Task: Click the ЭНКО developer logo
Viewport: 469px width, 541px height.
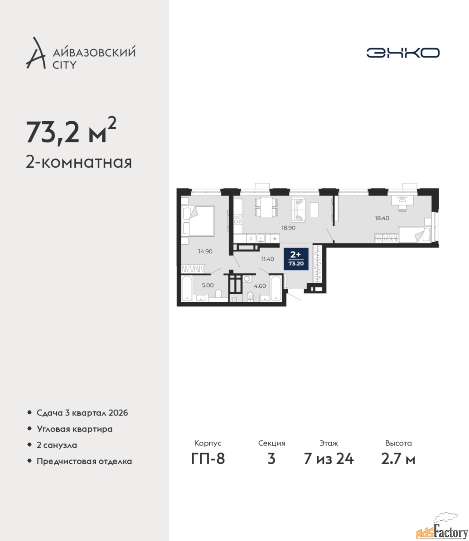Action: [x=403, y=52]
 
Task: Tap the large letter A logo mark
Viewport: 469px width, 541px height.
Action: [x=36, y=53]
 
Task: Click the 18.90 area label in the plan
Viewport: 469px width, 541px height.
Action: [x=288, y=228]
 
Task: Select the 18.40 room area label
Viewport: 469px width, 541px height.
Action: [x=382, y=218]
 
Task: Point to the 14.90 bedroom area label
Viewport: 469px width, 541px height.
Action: [x=205, y=251]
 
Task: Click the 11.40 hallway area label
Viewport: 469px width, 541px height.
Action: [x=268, y=259]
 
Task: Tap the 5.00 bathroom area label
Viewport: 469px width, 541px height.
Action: [x=208, y=285]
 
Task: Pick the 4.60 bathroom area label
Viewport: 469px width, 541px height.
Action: [x=260, y=286]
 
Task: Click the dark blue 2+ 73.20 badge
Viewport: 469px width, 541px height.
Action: [x=296, y=259]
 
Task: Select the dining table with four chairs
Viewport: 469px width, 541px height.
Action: [x=266, y=207]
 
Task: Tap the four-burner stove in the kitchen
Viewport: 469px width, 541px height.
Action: [x=239, y=219]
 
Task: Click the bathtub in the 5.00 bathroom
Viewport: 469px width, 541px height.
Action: [x=187, y=288]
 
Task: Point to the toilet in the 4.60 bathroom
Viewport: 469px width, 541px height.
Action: [x=250, y=296]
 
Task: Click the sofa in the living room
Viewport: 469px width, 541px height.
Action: [x=299, y=210]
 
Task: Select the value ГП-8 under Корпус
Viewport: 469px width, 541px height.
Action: [x=208, y=459]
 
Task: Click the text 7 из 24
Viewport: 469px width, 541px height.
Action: [x=329, y=459]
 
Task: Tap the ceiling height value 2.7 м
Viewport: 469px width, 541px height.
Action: [x=398, y=459]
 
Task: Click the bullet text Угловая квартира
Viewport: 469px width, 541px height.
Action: [x=74, y=429]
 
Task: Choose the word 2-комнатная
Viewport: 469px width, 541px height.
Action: [x=79, y=162]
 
